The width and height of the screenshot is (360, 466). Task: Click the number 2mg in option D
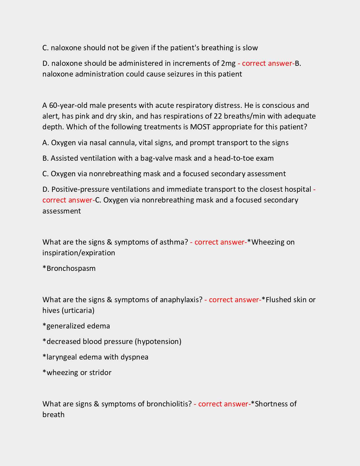[x=228, y=63]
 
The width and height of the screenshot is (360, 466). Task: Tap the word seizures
[x=181, y=74]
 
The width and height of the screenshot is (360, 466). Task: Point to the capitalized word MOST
[x=200, y=127]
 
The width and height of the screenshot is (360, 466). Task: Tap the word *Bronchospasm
[x=69, y=268]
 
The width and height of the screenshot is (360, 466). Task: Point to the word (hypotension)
[x=158, y=341]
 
